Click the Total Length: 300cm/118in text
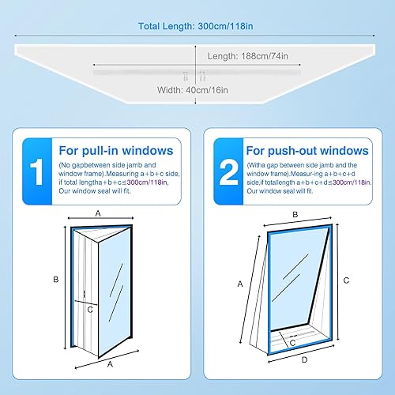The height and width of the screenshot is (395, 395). (x=196, y=26)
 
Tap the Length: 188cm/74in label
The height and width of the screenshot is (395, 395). (x=248, y=56)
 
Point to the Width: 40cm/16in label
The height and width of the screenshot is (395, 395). (x=193, y=90)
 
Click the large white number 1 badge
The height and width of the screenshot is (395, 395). (x=36, y=171)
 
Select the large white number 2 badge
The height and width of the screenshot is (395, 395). (x=229, y=171)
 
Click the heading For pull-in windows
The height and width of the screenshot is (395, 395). (x=116, y=151)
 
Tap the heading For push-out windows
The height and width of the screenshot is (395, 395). (x=307, y=151)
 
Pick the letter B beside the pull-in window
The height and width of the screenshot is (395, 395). (x=56, y=280)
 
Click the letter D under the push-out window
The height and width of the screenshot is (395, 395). (x=304, y=359)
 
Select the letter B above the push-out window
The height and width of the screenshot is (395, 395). (x=295, y=215)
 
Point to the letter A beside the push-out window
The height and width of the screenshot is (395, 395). (x=240, y=284)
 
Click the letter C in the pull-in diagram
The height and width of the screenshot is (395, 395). (x=90, y=310)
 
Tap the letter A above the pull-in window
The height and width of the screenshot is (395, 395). (x=98, y=213)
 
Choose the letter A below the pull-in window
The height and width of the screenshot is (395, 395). (x=110, y=364)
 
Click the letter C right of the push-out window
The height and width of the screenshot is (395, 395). (x=346, y=280)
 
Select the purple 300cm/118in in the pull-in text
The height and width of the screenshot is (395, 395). (x=147, y=182)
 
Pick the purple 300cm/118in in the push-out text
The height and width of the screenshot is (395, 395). (x=352, y=182)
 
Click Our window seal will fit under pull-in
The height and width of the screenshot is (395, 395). (x=95, y=191)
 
